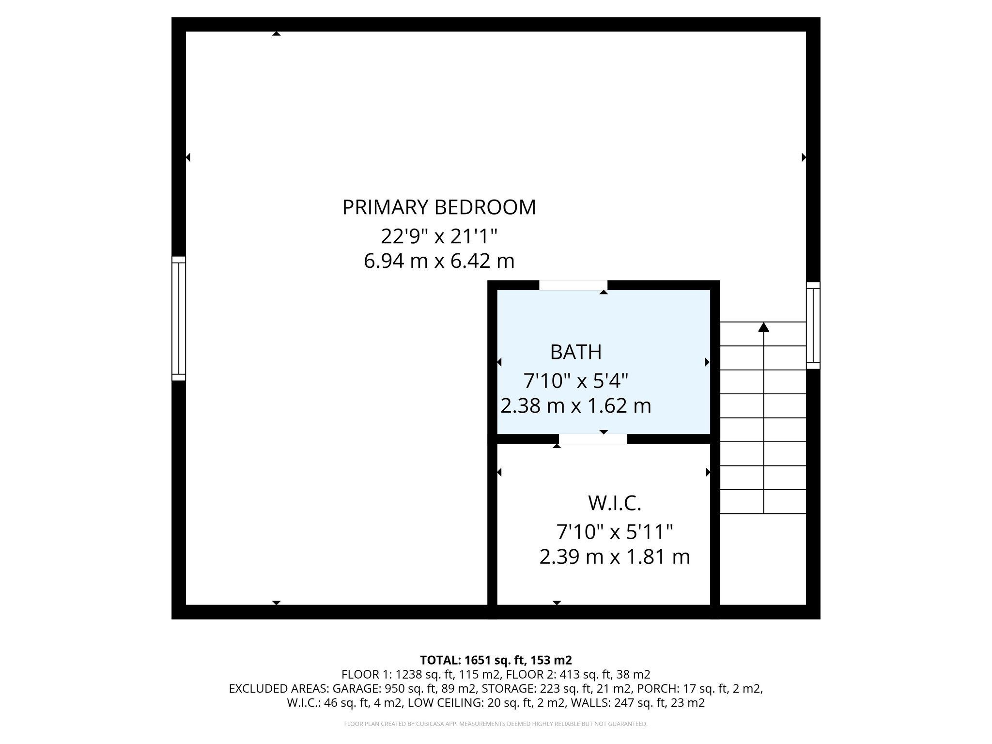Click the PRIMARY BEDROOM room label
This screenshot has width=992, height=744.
[439, 207]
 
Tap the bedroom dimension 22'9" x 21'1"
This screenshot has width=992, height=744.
[439, 237]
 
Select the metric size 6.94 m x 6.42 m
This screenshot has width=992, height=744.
[439, 262]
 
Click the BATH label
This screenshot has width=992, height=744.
[575, 352]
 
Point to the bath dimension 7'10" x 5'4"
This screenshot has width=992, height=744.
[575, 381]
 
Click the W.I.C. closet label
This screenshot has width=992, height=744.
[614, 504]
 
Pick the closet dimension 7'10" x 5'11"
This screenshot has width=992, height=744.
[614, 533]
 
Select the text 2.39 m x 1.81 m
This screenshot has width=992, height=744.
[614, 557]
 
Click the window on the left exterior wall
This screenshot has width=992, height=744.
[179, 318]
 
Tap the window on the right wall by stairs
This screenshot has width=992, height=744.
[813, 325]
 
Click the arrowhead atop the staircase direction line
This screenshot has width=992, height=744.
[764, 327]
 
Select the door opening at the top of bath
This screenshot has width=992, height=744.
[573, 285]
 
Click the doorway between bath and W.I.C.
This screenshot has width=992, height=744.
[593, 439]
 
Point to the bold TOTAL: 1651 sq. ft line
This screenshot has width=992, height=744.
[496, 660]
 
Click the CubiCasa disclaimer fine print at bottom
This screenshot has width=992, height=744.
[496, 724]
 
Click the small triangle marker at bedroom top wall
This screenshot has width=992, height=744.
[276, 33]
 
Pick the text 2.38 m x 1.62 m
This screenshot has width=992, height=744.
[575, 406]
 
